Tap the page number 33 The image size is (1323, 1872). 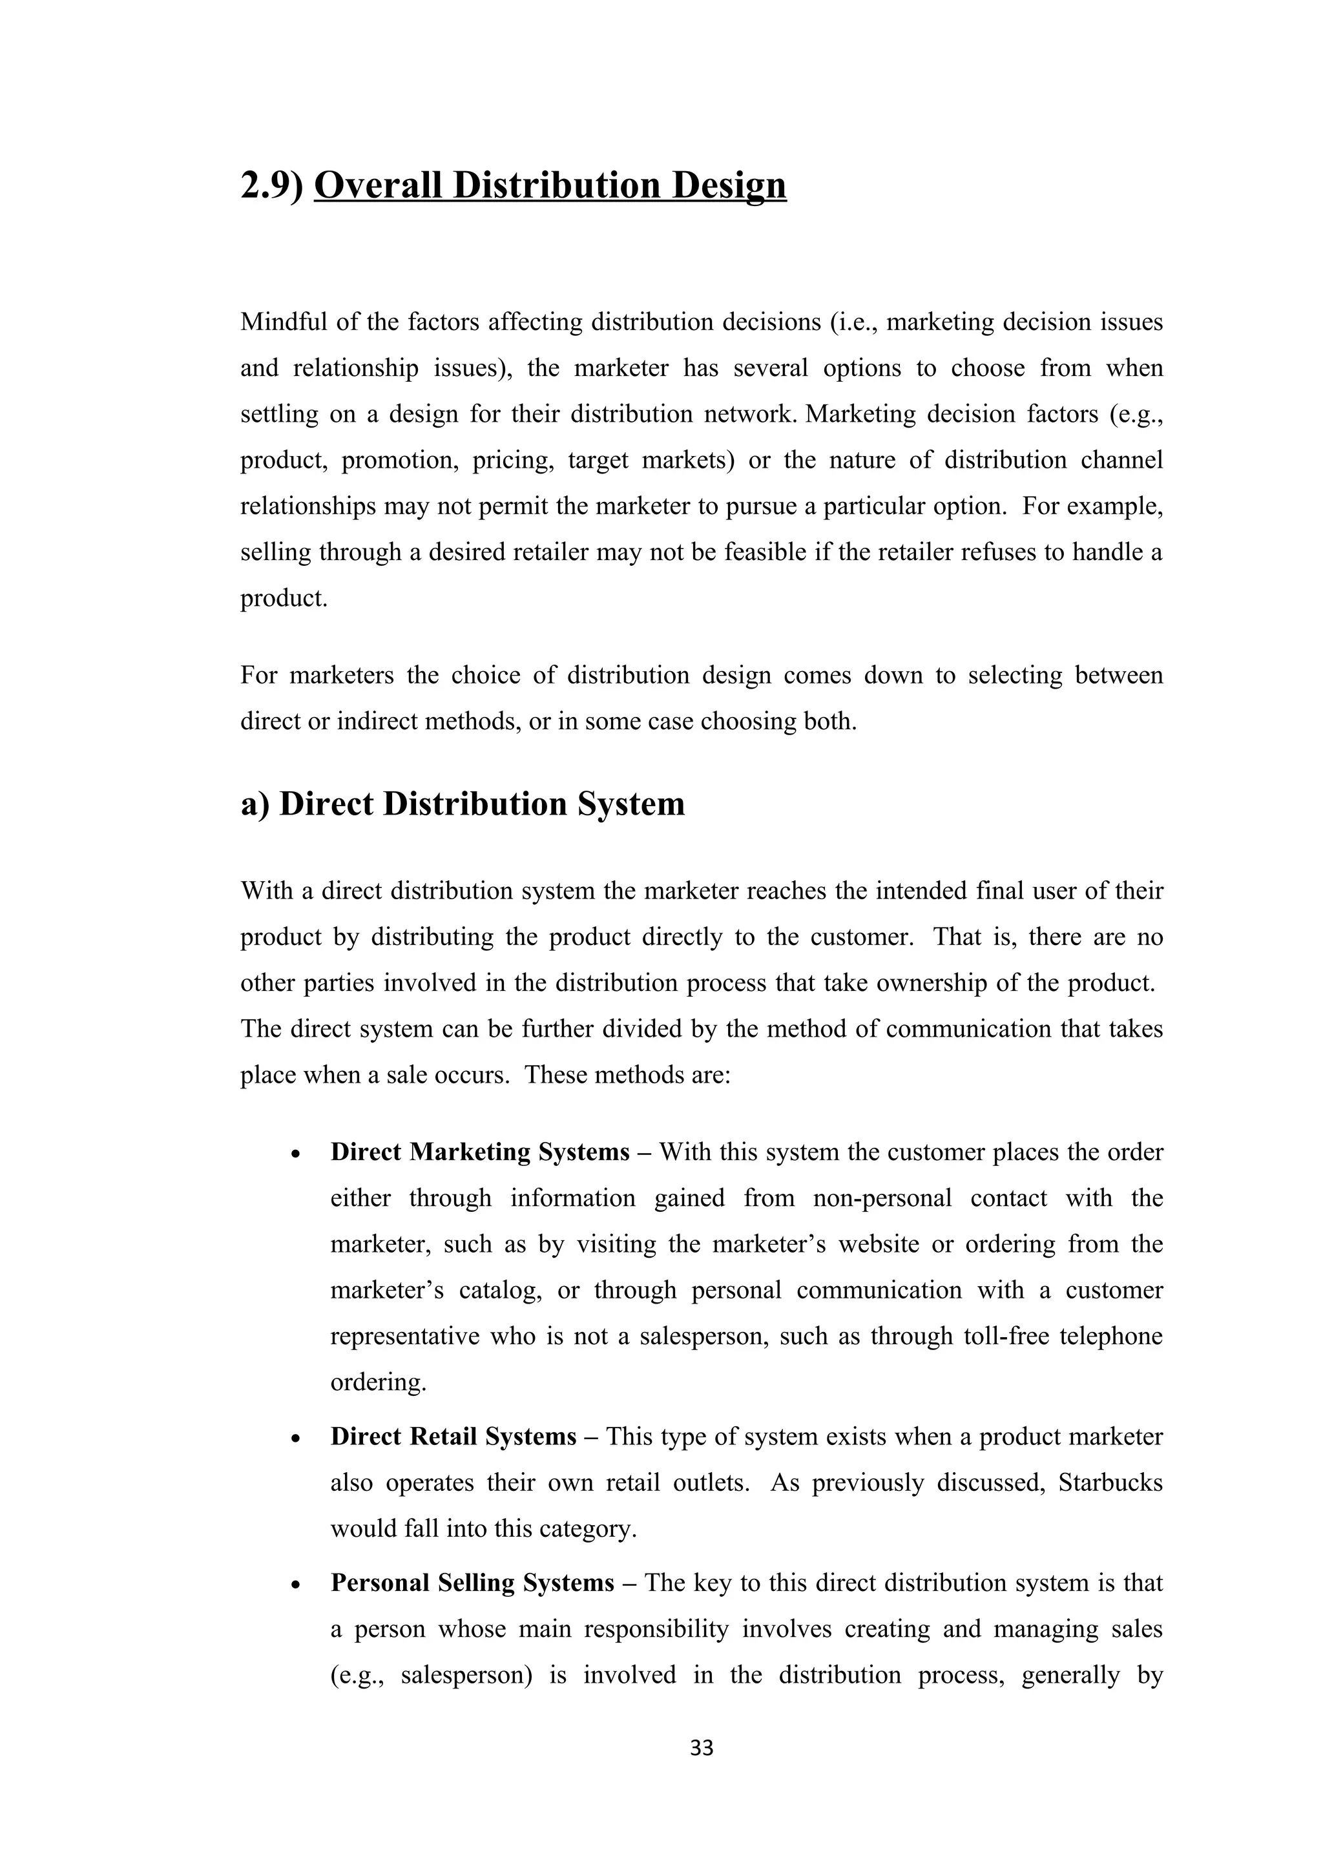pos(701,1747)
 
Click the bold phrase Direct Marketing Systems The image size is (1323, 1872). pos(479,1152)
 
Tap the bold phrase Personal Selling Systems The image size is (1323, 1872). pos(472,1583)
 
